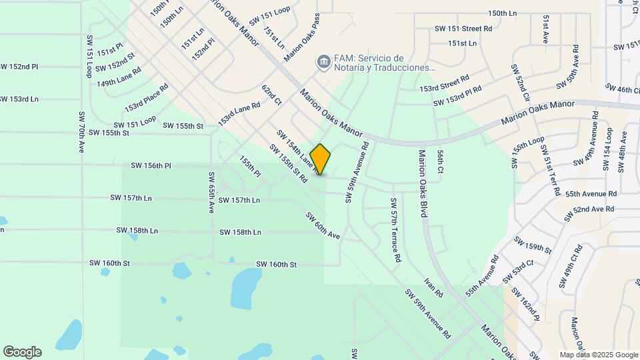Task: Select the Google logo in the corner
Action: pyautogui.click(x=22, y=352)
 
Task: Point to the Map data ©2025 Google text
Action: pyautogui.click(x=598, y=355)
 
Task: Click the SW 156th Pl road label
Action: pyautogui.click(x=151, y=165)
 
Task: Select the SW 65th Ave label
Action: pyautogui.click(x=211, y=192)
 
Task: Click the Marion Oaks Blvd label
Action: pyautogui.click(x=422, y=184)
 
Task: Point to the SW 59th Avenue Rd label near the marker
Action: pyautogui.click(x=357, y=172)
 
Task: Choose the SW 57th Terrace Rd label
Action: pyautogui.click(x=395, y=229)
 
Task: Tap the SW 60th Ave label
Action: pyautogui.click(x=323, y=226)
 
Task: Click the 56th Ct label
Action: pyautogui.click(x=441, y=161)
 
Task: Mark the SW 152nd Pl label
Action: pyautogui.click(x=19, y=67)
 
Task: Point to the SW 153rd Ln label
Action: pyautogui.click(x=19, y=99)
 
